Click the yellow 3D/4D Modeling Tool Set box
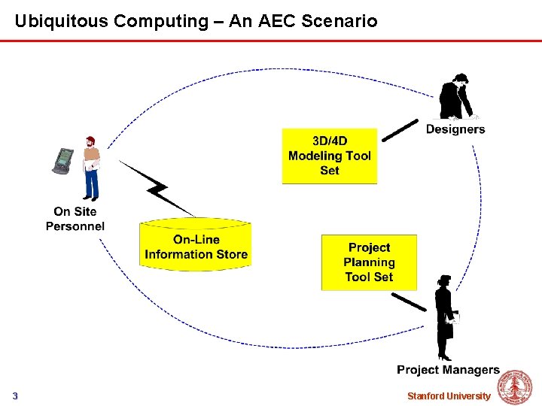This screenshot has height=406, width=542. click(330, 156)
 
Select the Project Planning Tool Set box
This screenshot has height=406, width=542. click(369, 262)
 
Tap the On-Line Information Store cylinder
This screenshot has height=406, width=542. click(196, 244)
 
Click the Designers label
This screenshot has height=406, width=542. click(455, 129)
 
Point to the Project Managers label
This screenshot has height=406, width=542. click(448, 369)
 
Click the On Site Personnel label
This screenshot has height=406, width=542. click(75, 219)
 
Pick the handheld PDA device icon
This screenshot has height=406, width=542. click(64, 159)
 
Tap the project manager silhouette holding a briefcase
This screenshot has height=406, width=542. click(445, 316)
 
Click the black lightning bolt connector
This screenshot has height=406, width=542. click(159, 187)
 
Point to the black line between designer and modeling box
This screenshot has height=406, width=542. click(400, 130)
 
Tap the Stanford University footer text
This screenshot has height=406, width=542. click(449, 396)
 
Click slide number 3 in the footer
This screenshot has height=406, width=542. click(15, 396)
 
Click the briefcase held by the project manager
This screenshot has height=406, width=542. click(447, 330)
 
